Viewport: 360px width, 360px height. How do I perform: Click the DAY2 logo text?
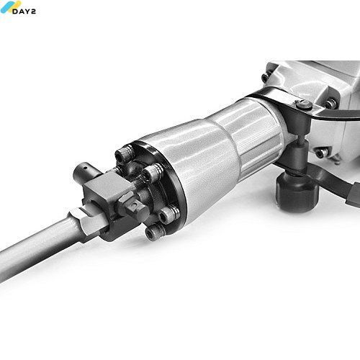[x=24, y=12]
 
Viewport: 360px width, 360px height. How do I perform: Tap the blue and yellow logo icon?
[x=9, y=6]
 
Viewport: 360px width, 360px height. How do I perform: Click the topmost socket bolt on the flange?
[x=124, y=154]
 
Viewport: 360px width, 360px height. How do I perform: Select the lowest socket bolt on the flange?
[x=155, y=232]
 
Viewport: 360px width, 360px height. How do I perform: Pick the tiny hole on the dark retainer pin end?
[x=84, y=168]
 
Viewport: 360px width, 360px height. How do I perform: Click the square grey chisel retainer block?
[x=106, y=189]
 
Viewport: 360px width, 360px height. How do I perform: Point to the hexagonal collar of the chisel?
[x=89, y=222]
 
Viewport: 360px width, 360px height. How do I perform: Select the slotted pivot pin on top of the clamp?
[x=304, y=104]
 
